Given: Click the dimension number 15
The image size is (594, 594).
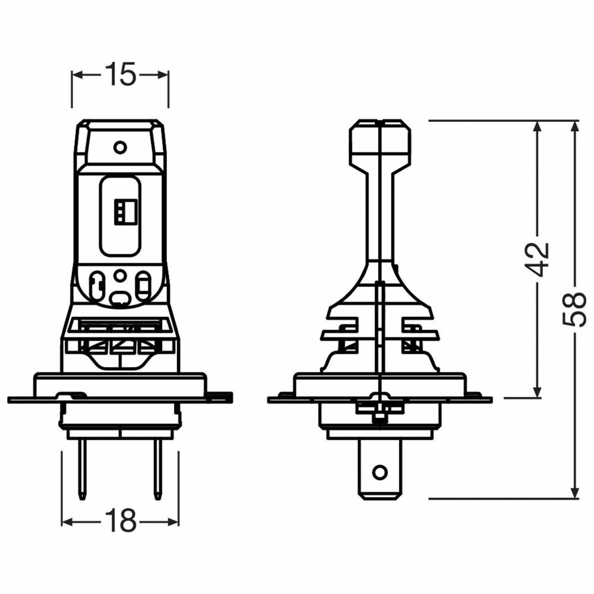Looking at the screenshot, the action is (x=120, y=74).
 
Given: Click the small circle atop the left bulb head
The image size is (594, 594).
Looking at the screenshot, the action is (x=120, y=147).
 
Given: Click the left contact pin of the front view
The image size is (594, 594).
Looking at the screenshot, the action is (x=81, y=470).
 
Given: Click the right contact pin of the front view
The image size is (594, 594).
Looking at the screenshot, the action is (x=157, y=470).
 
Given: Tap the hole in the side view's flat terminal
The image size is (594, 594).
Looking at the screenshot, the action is (x=380, y=472).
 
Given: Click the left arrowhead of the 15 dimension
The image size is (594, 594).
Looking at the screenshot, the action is (x=77, y=75).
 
